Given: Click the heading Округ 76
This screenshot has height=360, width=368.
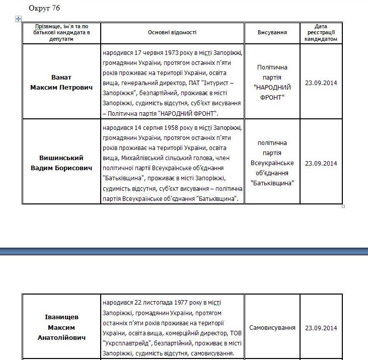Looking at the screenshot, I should (45, 9).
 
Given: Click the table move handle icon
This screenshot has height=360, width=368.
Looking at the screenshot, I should (19, 19).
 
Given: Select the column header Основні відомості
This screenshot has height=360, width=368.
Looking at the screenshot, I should (172, 32).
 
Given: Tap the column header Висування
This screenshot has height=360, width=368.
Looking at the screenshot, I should (272, 32).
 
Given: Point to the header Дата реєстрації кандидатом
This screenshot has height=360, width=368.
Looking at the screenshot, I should (321, 32).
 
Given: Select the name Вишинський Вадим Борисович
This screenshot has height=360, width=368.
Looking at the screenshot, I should (61, 163).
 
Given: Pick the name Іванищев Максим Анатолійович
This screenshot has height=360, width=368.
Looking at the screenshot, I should (61, 327).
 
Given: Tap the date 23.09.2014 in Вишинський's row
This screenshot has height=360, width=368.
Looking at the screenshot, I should (321, 163).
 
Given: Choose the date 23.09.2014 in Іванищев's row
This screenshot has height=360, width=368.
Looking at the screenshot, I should (321, 328).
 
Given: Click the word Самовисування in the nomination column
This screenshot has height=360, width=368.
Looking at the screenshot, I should (272, 328).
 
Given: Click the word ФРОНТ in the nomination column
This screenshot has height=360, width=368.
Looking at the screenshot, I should (272, 97).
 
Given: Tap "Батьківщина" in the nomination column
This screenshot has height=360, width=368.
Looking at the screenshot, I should (272, 183).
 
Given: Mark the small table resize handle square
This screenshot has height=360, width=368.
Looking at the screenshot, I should (343, 206).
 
